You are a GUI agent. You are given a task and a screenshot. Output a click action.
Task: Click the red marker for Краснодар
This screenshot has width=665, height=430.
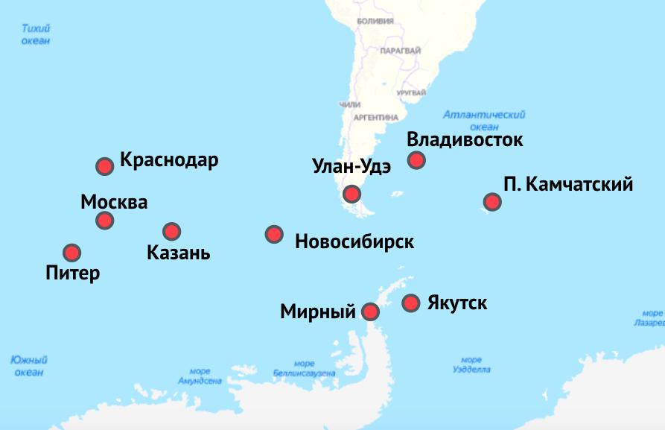[x=105, y=166]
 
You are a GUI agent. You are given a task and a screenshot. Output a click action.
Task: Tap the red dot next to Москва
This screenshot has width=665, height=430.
[x=105, y=221]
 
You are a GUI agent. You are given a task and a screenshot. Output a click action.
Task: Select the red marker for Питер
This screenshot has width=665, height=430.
[x=71, y=253]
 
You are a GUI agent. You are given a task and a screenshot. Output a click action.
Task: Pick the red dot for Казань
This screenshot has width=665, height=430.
[x=171, y=231]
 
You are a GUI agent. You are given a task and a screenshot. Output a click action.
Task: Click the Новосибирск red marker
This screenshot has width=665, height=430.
[x=274, y=235]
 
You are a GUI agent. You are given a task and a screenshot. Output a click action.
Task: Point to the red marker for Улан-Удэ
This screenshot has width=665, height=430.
[x=351, y=195]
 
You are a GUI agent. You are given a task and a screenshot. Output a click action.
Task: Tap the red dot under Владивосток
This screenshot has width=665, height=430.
[x=416, y=159]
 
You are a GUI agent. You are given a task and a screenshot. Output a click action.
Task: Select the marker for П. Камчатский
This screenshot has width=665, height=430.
[x=491, y=201]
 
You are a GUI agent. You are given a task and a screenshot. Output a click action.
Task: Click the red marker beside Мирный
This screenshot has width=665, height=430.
[x=370, y=312]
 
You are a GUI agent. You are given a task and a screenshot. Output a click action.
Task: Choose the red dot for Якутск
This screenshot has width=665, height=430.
[x=410, y=303]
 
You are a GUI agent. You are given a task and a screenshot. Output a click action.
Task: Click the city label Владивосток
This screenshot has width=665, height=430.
[x=465, y=139]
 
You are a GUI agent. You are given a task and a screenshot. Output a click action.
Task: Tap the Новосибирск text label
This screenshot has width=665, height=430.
[x=354, y=241]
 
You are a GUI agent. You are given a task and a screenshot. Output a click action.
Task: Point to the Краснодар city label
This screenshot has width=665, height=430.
[x=169, y=160]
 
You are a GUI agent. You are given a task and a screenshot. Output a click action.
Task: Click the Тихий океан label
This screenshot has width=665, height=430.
[x=36, y=35]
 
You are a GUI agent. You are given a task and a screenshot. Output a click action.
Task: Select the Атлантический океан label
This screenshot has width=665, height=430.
[x=483, y=121]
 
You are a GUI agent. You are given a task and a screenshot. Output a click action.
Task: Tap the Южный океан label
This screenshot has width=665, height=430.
[x=29, y=365]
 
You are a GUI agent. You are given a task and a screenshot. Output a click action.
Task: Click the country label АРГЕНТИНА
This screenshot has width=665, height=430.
[x=375, y=117]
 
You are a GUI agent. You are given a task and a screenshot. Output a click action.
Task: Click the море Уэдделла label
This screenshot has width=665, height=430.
[x=471, y=364]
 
